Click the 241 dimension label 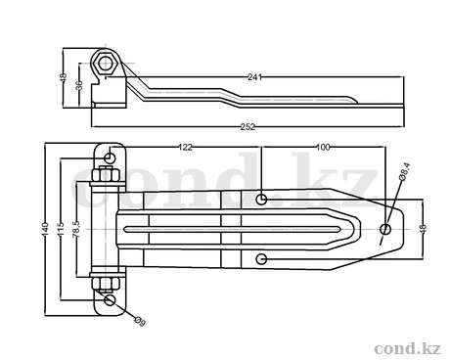(x=254, y=77)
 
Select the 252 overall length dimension (x=247, y=127)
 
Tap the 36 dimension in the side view (x=79, y=85)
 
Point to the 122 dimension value (x=186, y=148)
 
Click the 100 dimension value (x=323, y=148)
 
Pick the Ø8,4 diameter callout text (x=404, y=171)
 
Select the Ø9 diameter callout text (x=140, y=321)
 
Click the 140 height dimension (x=45, y=229)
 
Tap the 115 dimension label (x=60, y=229)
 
